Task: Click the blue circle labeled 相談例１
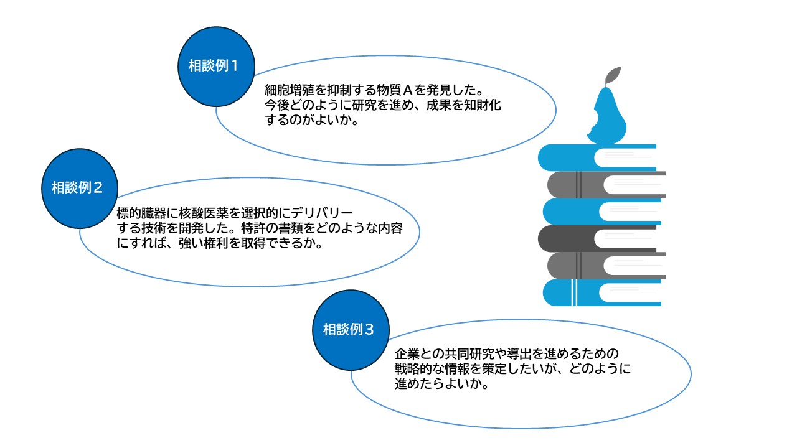coord(214,65)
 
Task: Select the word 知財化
coord(485,106)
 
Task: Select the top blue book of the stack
coord(567,157)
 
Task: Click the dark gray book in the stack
coord(567,238)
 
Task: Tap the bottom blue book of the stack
coord(560,292)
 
